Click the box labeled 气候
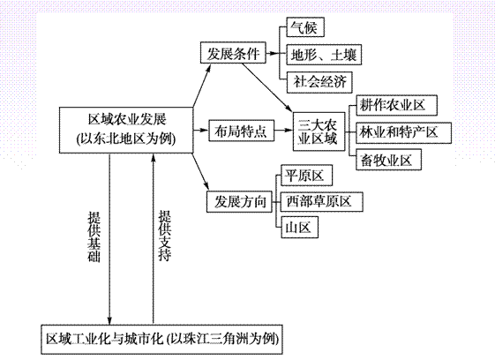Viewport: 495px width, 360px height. pyautogui.click(x=305, y=27)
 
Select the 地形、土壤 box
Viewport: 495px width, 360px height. pyautogui.click(x=324, y=55)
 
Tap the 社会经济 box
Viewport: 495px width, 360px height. pyautogui.click(x=319, y=82)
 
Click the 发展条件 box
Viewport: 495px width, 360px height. pyautogui.click(x=233, y=53)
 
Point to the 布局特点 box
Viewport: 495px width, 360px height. pyautogui.click(x=241, y=131)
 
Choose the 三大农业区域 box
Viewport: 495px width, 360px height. pyautogui.click(x=319, y=131)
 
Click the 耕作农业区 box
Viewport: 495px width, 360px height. pyautogui.click(x=396, y=105)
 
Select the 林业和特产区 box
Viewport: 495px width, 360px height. pyautogui.click(x=404, y=132)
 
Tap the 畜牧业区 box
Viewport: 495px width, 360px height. pyautogui.click(x=389, y=160)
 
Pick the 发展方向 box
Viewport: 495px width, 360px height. pyautogui.click(x=239, y=201)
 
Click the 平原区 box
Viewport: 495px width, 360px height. pyautogui.click(x=307, y=175)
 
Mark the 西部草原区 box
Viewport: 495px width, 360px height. pyautogui.click(x=322, y=201)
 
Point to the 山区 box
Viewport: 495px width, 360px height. pyautogui.click(x=300, y=227)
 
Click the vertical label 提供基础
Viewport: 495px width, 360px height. pyautogui.click(x=94, y=236)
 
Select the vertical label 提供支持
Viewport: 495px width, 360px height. pyautogui.click(x=164, y=236)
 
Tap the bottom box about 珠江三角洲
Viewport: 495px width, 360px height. pyautogui.click(x=161, y=340)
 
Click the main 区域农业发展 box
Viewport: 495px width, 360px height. pyautogui.click(x=126, y=130)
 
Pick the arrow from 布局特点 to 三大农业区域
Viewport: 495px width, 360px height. pyautogui.click(x=283, y=130)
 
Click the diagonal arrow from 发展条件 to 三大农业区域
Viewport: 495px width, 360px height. pyautogui.click(x=267, y=86)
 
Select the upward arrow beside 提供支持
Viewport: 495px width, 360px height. pyautogui.click(x=154, y=239)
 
